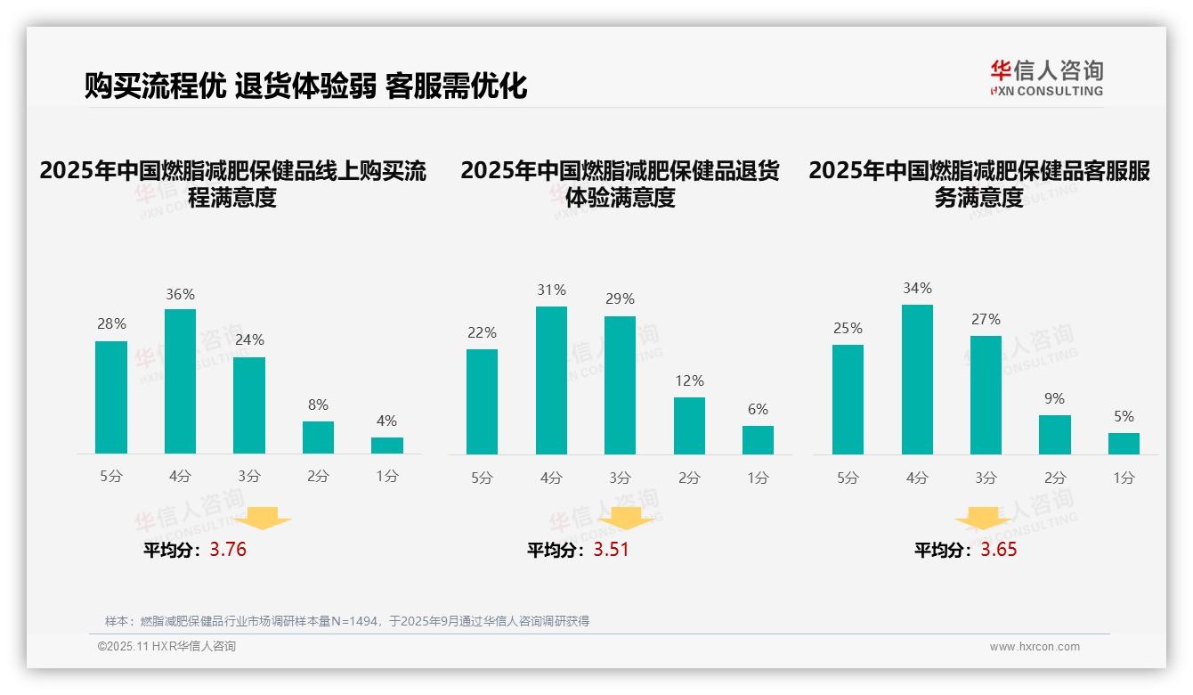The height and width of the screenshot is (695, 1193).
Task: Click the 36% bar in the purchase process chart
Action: pyautogui.click(x=180, y=381)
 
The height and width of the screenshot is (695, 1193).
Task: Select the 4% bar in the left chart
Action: pyautogui.click(x=386, y=446)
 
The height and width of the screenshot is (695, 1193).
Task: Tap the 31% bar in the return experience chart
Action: pyautogui.click(x=551, y=380)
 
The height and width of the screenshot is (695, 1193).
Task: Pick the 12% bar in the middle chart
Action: pyautogui.click(x=689, y=426)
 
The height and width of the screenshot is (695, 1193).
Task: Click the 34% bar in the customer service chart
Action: pyautogui.click(x=917, y=380)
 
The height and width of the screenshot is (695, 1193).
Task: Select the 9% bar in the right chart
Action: pyautogui.click(x=1055, y=435)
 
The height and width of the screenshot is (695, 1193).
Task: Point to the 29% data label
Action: pyautogui.click(x=621, y=299)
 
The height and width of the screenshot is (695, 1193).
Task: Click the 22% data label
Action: pyautogui.click(x=482, y=333)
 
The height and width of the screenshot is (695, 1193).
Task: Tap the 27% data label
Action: pyautogui.click(x=986, y=319)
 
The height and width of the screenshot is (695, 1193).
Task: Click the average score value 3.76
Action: pyautogui.click(x=228, y=550)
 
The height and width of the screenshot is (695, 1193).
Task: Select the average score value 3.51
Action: pyautogui.click(x=611, y=550)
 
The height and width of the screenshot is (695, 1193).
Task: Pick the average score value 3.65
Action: pyautogui.click(x=999, y=550)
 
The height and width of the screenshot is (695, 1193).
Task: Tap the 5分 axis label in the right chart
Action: pyautogui.click(x=848, y=478)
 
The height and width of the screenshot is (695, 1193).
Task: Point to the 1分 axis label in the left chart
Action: pyautogui.click(x=386, y=476)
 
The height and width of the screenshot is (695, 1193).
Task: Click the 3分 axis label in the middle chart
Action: pyautogui.click(x=621, y=478)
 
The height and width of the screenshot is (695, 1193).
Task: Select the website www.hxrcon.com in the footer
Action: pyautogui.click(x=1034, y=647)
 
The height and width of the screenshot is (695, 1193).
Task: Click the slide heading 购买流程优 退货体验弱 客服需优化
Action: pyautogui.click(x=305, y=86)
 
